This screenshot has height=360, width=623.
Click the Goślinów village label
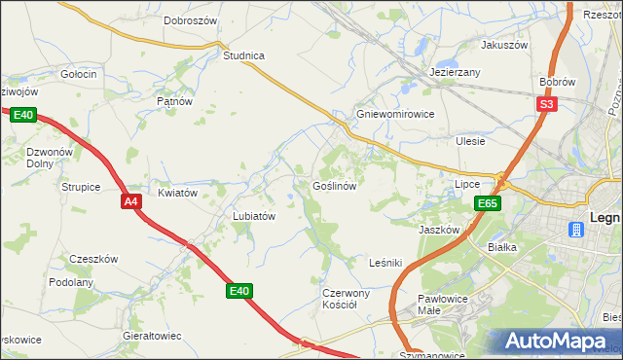tap(339, 185)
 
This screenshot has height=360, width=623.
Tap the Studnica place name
tap(243, 55)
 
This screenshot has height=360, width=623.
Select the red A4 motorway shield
tap(132, 201)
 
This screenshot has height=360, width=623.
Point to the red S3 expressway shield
tap(547, 104)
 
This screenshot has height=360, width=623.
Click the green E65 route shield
tap(489, 203)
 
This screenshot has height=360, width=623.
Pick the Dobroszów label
tap(190, 19)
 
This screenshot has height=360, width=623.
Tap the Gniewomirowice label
tap(394, 113)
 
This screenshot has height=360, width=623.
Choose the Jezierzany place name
tap(456, 73)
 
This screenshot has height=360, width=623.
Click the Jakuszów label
tap(503, 45)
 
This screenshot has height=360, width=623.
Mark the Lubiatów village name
tap(255, 216)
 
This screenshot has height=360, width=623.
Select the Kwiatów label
tap(178, 193)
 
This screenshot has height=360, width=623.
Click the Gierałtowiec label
tap(152, 335)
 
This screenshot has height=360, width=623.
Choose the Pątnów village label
tap(175, 100)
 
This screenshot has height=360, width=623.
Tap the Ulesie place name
tap(470, 141)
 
